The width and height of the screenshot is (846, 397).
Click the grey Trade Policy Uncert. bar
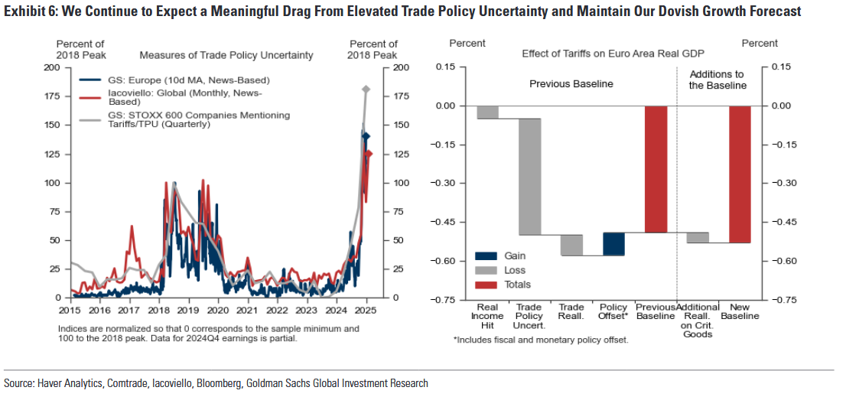point(530,177)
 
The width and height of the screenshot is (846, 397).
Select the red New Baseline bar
point(740,174)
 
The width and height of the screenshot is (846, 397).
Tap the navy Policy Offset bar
point(614,244)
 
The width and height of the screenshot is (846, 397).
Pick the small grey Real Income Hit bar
point(488,112)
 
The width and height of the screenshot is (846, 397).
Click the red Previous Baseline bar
point(656,169)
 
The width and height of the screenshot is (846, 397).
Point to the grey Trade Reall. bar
point(572,245)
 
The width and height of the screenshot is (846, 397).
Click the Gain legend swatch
point(486,256)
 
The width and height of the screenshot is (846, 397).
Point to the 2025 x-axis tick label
point(366,311)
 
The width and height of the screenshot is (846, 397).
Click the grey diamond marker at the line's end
point(366,89)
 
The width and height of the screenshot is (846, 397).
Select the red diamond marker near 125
point(369,155)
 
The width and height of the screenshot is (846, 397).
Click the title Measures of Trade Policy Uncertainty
point(226,55)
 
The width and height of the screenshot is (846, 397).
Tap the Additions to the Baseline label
point(717,80)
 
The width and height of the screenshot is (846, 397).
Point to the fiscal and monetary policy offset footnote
point(541,340)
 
